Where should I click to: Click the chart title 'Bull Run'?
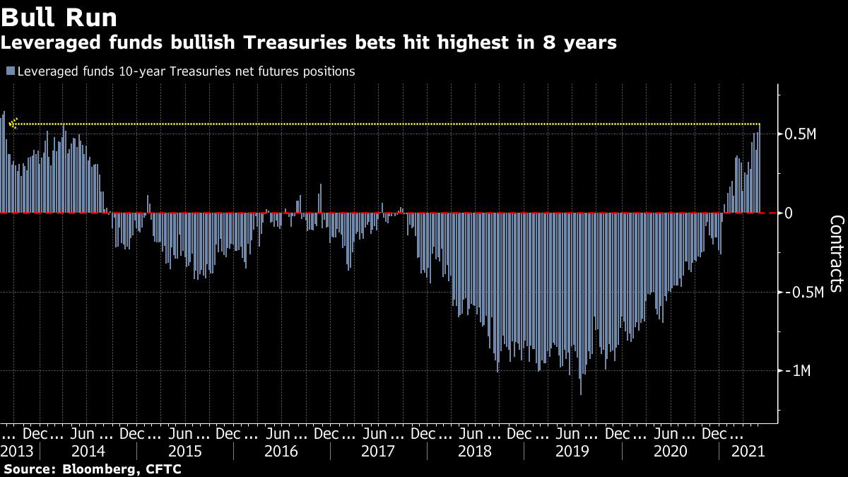[59, 16]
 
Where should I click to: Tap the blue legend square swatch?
[10, 71]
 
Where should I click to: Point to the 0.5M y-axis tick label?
[800, 134]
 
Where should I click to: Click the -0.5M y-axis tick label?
[803, 293]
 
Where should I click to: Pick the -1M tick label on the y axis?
[798, 371]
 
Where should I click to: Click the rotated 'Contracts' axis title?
[835, 253]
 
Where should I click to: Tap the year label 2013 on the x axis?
[16, 451]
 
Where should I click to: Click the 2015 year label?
[187, 451]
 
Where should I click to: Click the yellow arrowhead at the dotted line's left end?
[12, 124]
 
